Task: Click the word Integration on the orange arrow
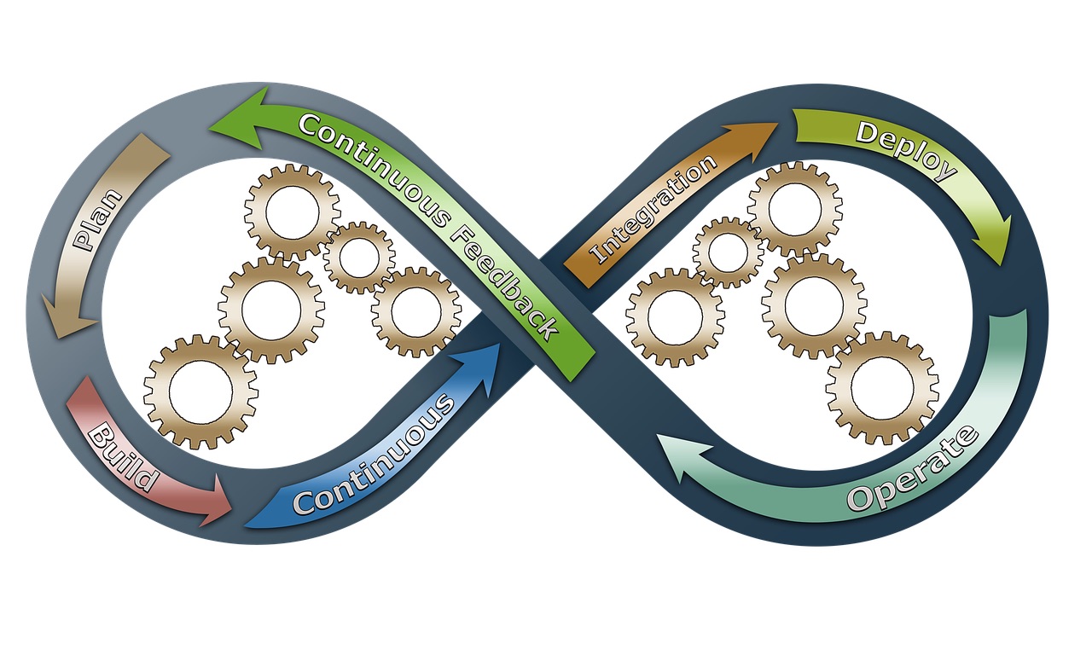pos(653,209)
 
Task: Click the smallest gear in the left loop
pos(359,258)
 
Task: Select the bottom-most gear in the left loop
pos(200,391)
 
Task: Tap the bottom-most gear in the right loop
pos(882,388)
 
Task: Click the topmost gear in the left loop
pos(293,212)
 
